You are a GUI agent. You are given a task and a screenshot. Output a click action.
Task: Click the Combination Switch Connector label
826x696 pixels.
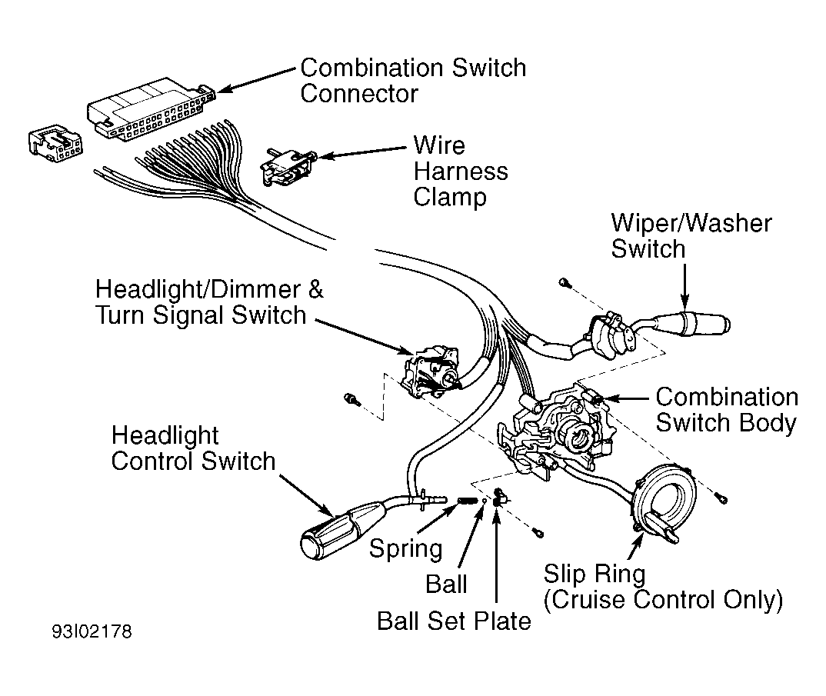(413, 81)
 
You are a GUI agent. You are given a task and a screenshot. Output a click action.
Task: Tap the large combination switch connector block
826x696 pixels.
(152, 109)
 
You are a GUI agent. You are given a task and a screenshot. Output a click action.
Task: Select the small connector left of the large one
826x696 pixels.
(55, 143)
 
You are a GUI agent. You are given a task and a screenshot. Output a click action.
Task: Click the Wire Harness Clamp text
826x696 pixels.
(461, 172)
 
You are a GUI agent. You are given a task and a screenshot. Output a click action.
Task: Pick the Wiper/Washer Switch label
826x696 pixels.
(691, 236)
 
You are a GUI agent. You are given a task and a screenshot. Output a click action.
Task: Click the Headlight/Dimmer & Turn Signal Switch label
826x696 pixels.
(209, 302)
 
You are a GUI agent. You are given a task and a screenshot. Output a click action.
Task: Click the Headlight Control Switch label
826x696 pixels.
(193, 448)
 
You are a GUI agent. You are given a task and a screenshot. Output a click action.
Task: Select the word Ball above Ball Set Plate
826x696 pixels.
(446, 584)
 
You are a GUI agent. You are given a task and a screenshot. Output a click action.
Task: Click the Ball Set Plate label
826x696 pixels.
(454, 621)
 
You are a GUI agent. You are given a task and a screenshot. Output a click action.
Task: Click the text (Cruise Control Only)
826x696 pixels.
(663, 600)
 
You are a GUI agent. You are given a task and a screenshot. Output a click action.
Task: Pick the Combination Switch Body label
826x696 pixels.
(727, 410)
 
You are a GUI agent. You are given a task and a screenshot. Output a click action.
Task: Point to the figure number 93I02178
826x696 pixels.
(92, 631)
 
